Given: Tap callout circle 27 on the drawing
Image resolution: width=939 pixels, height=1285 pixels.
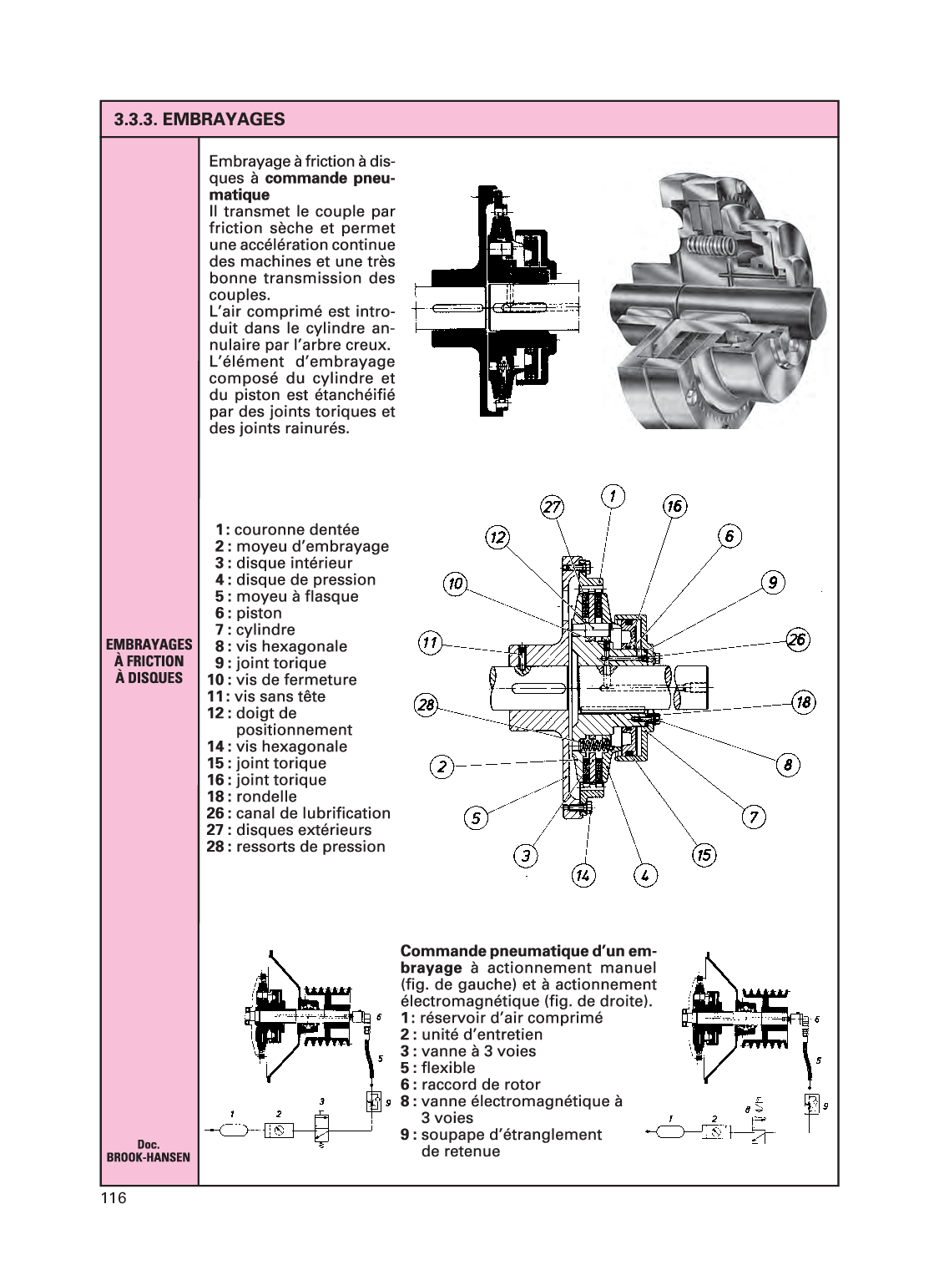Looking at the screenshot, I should (553, 507).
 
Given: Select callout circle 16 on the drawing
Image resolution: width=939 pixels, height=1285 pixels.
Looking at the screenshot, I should (674, 505).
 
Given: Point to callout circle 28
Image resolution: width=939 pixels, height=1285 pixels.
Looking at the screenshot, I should (427, 706).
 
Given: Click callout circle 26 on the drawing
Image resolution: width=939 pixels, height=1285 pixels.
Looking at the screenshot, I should (798, 640).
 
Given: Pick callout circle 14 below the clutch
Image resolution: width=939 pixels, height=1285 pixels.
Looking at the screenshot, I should (583, 875).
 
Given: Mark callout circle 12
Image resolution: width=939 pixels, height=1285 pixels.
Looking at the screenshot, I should (497, 537).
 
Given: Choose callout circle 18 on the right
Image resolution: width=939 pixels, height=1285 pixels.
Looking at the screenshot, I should (803, 701).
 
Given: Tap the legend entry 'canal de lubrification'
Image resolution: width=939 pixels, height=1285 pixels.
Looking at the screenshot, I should (313, 813).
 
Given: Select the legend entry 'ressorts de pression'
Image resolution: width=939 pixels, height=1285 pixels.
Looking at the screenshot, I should (310, 847).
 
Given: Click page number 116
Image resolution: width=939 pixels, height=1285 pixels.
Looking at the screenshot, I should (113, 1199).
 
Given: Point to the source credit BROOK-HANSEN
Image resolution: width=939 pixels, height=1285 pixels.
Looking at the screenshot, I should (149, 1157).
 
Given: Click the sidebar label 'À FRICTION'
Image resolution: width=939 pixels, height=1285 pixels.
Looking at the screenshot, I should (149, 661).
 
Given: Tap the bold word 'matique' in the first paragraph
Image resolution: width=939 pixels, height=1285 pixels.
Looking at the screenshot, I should (239, 195).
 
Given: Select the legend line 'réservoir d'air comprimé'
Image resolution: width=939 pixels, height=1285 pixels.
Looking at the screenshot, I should (512, 1018).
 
